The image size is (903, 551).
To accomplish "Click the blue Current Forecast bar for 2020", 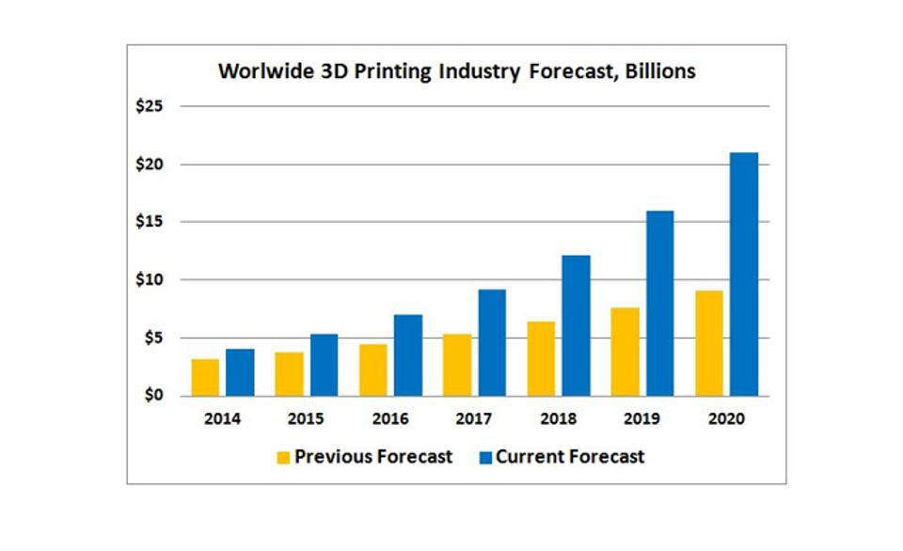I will (743, 274).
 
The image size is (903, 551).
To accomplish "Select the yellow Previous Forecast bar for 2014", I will (205, 377).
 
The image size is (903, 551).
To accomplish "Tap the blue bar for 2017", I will (492, 342).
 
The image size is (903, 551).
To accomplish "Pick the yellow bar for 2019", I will (625, 351).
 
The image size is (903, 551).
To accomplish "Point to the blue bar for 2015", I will (324, 365).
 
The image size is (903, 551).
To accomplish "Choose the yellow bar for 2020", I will (709, 343).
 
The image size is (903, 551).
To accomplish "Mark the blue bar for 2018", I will (576, 325).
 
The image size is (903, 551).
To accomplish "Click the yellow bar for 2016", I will (372, 370).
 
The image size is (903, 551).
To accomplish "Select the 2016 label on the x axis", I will (390, 419).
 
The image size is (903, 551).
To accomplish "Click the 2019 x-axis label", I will (642, 419).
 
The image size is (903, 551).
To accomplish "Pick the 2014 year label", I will (223, 419).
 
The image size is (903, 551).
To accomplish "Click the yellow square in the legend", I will (283, 458).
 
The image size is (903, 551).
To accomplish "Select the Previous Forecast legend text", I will (373, 457).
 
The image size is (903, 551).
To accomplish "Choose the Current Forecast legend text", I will (570, 457).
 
